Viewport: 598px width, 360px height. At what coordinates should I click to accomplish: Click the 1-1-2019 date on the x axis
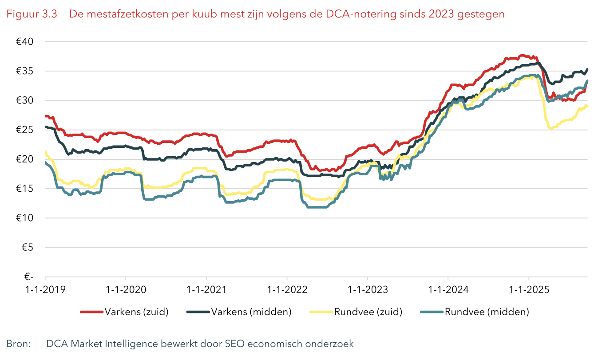click(46, 290)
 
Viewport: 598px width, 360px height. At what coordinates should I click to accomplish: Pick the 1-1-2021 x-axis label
click(206, 290)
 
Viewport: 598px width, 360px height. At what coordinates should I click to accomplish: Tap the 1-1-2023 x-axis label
click(368, 290)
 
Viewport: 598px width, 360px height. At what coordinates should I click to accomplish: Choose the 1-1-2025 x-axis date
click(529, 290)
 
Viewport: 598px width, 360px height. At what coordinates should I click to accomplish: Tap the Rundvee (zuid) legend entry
click(368, 312)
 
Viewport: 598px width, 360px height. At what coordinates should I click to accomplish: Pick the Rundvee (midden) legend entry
click(487, 312)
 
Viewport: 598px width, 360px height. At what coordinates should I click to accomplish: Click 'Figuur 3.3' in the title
click(32, 14)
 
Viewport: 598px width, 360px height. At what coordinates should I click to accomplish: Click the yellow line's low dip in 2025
click(550, 128)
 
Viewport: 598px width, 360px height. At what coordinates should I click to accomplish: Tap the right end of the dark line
click(587, 69)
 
